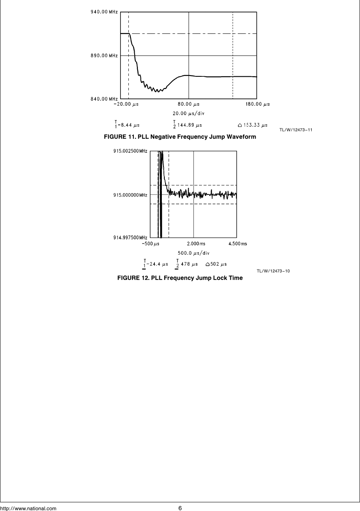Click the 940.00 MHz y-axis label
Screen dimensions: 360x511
tap(104, 12)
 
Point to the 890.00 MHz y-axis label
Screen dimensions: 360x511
tap(104, 55)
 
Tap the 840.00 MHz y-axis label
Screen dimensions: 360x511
tap(104, 99)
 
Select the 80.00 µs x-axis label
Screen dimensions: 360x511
tap(189, 104)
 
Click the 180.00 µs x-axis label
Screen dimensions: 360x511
tap(257, 104)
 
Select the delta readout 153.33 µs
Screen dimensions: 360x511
tap(253, 125)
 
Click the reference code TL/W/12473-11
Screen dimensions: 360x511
tap(295, 130)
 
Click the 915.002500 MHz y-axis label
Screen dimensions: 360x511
tap(130, 151)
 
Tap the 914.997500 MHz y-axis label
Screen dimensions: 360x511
tap(130, 238)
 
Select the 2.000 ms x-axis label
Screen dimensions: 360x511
tap(194, 244)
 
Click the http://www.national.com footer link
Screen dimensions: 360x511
tap(28, 508)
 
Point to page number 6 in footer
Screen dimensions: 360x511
tap(180, 508)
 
